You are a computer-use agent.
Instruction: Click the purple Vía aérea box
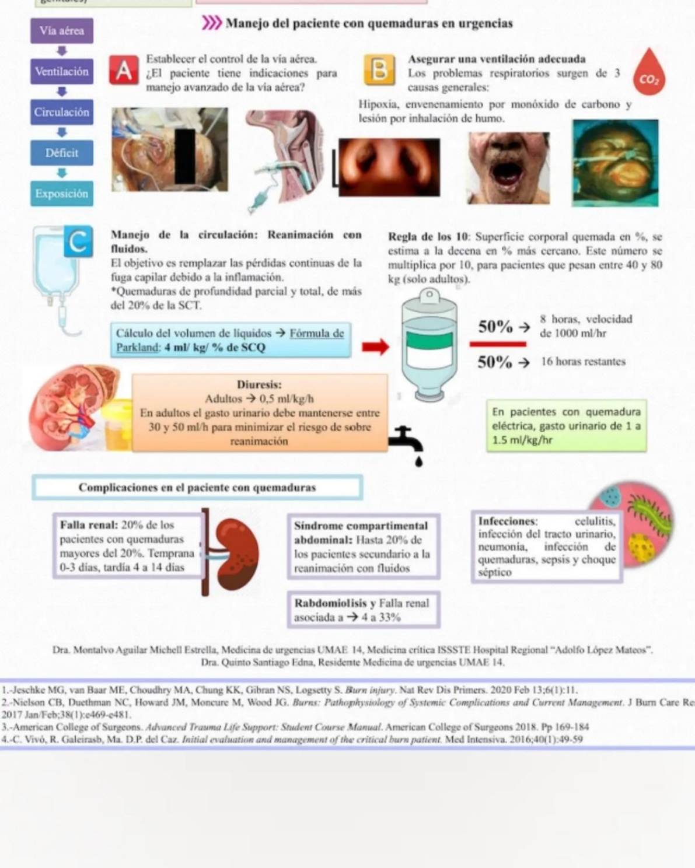(x=62, y=31)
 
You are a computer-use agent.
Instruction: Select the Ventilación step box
(x=62, y=71)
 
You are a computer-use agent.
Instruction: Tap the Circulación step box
(x=62, y=112)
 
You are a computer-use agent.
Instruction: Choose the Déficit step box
(x=62, y=153)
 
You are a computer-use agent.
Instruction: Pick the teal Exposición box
(x=62, y=194)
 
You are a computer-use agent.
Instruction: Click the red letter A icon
(x=124, y=71)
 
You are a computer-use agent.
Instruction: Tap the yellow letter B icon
(x=379, y=70)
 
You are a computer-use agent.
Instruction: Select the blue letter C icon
(x=78, y=242)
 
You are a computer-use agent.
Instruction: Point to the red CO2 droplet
(x=649, y=72)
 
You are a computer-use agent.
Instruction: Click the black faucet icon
(x=407, y=445)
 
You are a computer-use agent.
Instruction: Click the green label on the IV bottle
(x=429, y=341)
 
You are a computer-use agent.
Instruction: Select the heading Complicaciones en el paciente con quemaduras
(x=197, y=487)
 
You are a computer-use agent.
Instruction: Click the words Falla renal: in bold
(x=89, y=525)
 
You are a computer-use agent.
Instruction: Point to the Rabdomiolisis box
(x=364, y=610)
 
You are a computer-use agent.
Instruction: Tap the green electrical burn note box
(x=566, y=426)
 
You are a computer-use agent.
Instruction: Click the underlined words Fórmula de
(x=317, y=333)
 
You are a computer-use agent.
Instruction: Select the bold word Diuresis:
(x=259, y=384)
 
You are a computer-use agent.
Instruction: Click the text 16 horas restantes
(x=583, y=362)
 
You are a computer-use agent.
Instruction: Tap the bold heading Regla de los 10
(x=428, y=237)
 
